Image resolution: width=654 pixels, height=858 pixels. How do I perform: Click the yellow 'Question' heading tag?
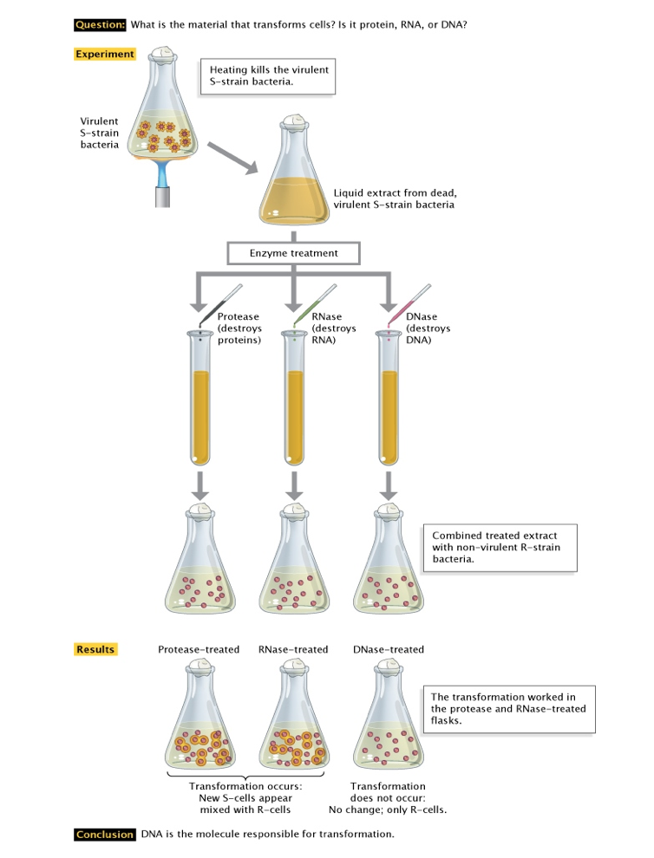tap(101, 24)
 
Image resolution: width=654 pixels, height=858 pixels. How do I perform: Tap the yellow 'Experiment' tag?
tap(105, 55)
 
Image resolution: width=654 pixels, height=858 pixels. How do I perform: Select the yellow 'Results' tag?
tap(95, 649)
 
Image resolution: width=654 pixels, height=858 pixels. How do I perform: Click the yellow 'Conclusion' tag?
tap(105, 835)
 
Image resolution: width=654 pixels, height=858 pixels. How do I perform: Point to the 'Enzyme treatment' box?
tap(293, 253)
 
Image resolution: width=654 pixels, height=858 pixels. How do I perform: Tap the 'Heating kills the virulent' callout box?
tap(268, 75)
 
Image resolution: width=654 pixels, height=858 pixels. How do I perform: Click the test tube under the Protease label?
tap(200, 399)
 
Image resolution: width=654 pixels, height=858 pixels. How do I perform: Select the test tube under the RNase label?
tap(295, 399)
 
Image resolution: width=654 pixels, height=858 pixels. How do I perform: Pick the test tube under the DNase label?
tap(389, 399)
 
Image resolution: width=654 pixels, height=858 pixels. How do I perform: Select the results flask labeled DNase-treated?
tap(388, 724)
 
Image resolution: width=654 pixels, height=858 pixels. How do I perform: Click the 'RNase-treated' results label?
tap(293, 649)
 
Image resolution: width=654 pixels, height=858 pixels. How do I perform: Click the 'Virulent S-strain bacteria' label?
tap(101, 133)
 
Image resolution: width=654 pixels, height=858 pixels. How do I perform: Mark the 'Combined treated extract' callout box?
tap(498, 548)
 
